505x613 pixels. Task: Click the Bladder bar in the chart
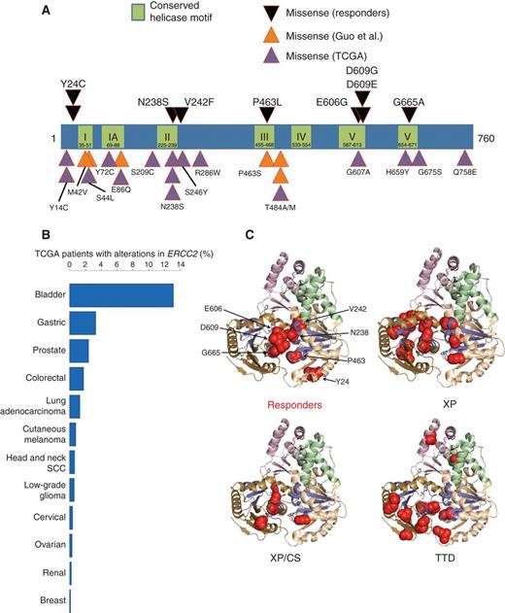pos(120,294)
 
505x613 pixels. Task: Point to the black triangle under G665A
pos(409,112)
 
